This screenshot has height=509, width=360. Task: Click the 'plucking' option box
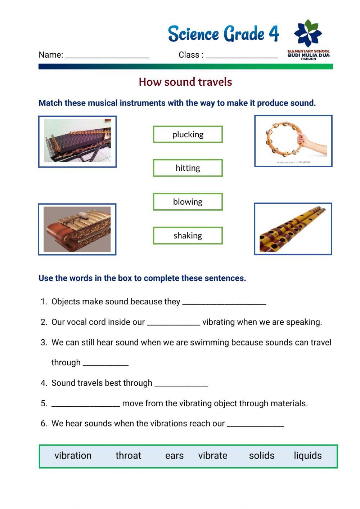tap(188, 134)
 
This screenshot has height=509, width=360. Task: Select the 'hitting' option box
tap(188, 168)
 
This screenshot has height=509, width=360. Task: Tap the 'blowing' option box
tap(188, 202)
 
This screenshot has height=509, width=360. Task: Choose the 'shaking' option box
tap(188, 236)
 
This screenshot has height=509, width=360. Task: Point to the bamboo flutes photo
tap(293, 229)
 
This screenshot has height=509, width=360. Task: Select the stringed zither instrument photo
tap(77, 141)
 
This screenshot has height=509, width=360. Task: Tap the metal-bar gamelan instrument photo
tap(77, 229)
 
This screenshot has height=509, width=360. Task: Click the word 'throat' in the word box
tap(128, 456)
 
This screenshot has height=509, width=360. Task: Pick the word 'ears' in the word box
tap(174, 456)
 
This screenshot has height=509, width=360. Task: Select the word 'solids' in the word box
tap(261, 456)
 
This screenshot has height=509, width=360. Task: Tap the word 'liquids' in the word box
tap(307, 456)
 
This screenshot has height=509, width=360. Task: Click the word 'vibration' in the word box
tap(73, 456)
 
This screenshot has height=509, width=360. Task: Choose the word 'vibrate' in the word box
tap(212, 456)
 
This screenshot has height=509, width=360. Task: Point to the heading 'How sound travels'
tap(185, 82)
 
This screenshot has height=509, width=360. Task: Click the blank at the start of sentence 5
tap(85, 403)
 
